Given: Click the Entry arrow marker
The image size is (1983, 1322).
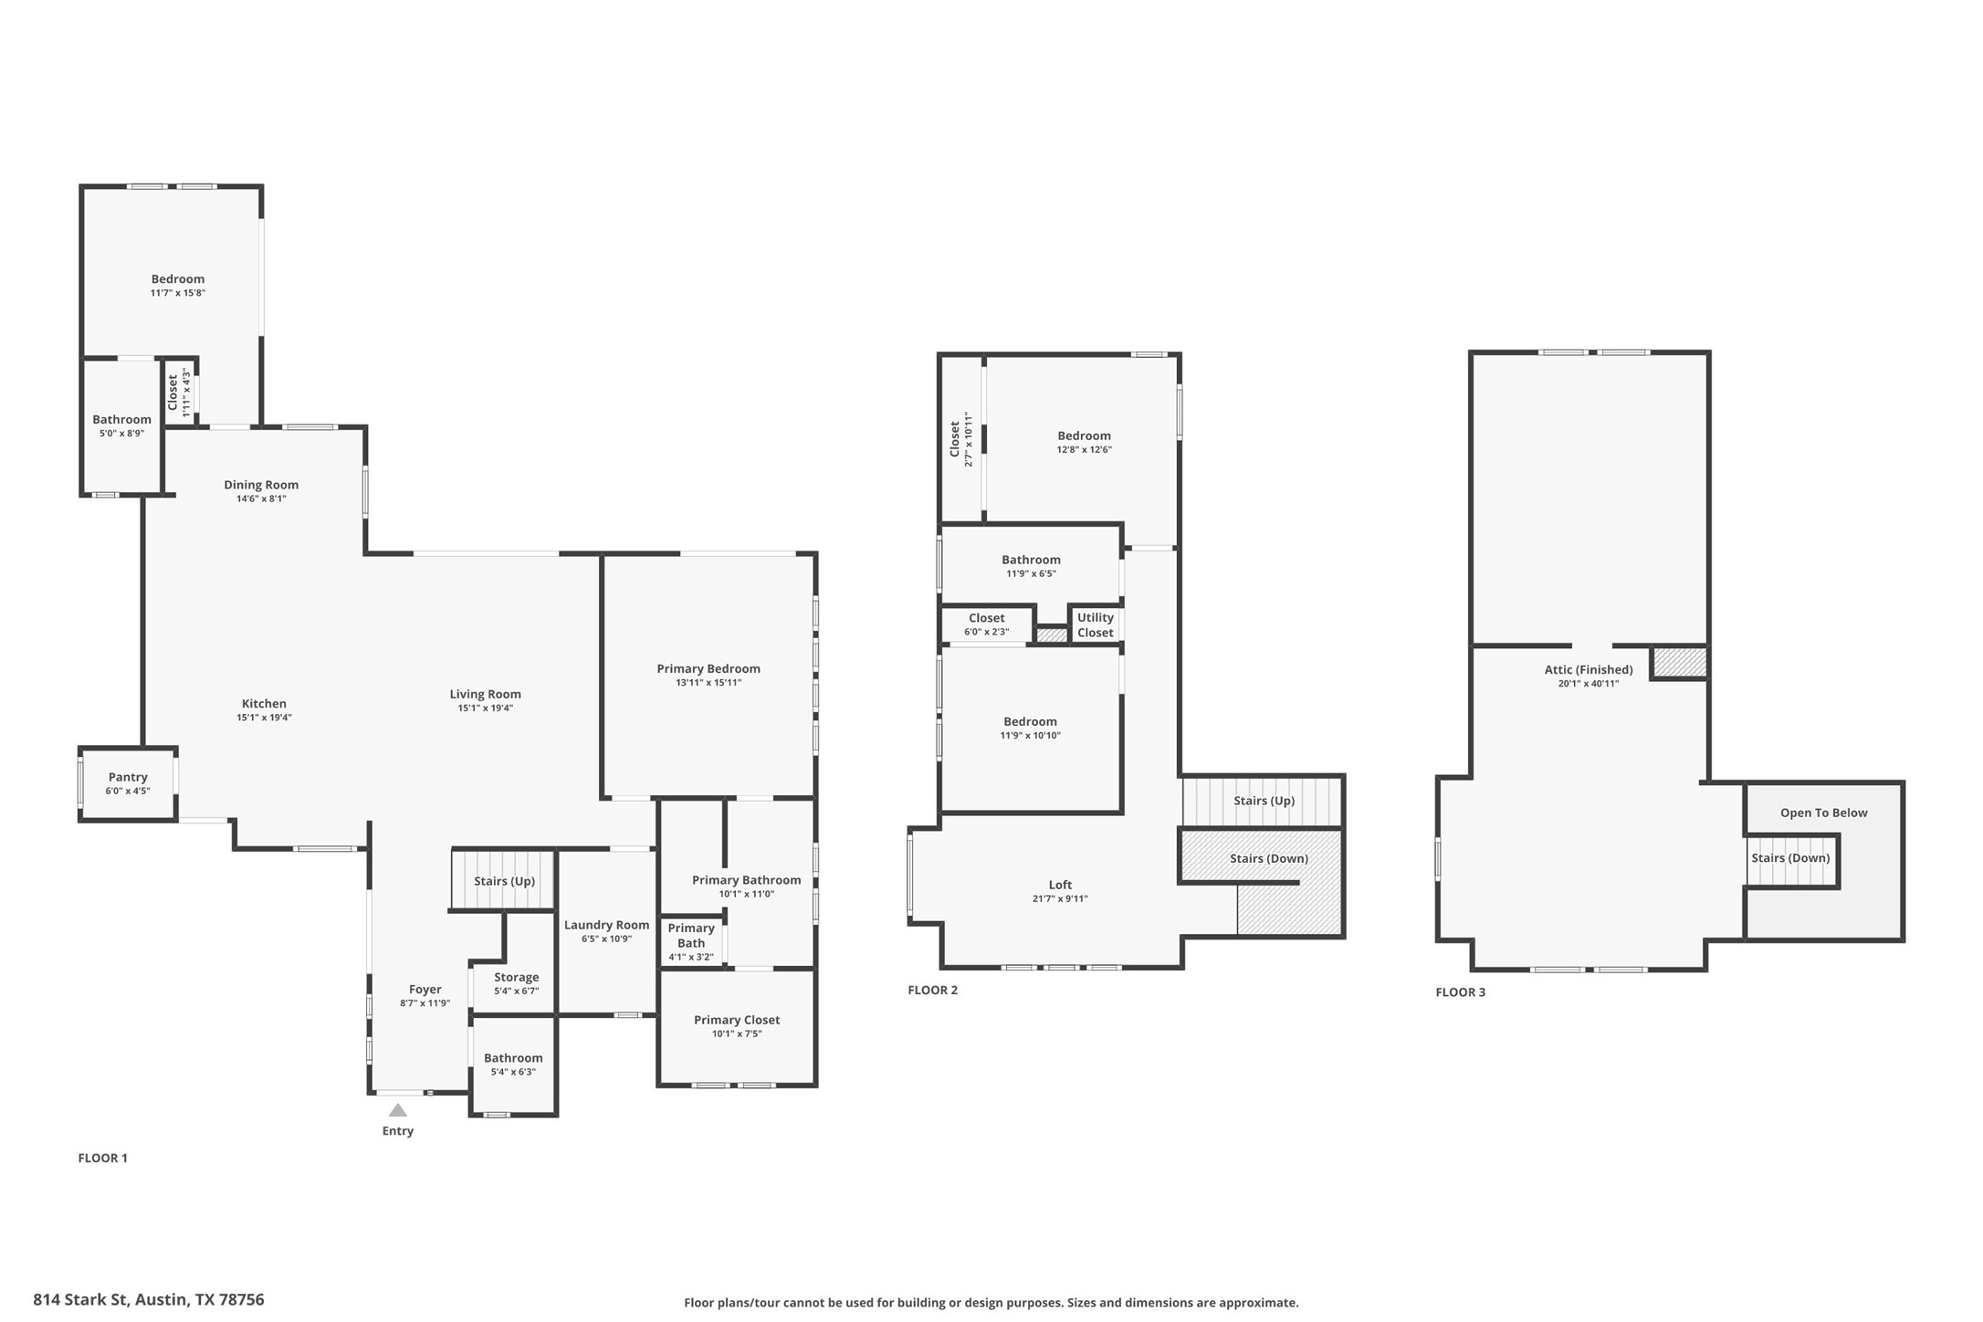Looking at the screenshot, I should click(397, 1110).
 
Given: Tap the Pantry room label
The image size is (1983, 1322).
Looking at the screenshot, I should click(128, 777).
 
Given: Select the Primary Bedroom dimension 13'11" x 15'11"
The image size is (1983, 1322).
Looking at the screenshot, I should click(708, 683).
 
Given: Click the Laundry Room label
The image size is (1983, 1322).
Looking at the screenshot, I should click(606, 925).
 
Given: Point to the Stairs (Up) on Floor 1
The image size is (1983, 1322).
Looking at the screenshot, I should click(504, 881).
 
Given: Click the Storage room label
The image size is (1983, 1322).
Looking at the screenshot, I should click(516, 977).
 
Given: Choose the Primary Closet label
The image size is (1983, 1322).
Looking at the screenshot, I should click(737, 1020).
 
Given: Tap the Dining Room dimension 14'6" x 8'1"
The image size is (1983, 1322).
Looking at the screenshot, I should click(261, 498).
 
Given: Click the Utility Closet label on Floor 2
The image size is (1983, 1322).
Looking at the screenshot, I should click(1095, 624).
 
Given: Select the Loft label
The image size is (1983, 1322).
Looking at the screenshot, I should click(1060, 885).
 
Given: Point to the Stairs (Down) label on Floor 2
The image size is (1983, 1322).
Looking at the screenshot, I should click(1268, 858).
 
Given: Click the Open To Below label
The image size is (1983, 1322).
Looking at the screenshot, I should click(1823, 813).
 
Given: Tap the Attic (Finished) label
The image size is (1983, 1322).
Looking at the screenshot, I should click(1589, 669).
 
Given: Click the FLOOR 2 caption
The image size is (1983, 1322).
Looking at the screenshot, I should click(932, 990).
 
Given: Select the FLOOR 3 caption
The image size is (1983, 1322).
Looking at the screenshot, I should click(1460, 992).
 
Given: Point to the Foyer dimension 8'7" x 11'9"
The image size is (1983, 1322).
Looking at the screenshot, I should click(425, 1003).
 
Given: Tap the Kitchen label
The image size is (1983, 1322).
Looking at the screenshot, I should click(264, 703).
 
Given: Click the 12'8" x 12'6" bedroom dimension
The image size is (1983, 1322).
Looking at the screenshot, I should click(1084, 450).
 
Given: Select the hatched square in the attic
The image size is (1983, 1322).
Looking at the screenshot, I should click(1681, 663).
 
